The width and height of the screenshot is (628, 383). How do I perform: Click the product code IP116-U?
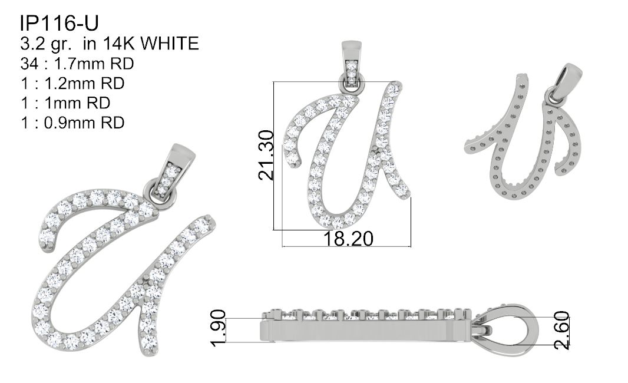tap(59, 23)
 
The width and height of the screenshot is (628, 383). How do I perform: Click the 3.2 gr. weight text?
tap(46, 44)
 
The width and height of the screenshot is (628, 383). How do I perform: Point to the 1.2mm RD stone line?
tap(72, 83)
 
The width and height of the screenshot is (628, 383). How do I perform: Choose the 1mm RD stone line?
tap(65, 103)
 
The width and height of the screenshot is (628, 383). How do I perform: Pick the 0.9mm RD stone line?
tap(72, 123)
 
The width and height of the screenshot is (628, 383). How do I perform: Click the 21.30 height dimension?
tap(266, 154)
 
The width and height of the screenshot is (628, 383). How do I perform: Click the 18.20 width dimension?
tap(348, 239)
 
